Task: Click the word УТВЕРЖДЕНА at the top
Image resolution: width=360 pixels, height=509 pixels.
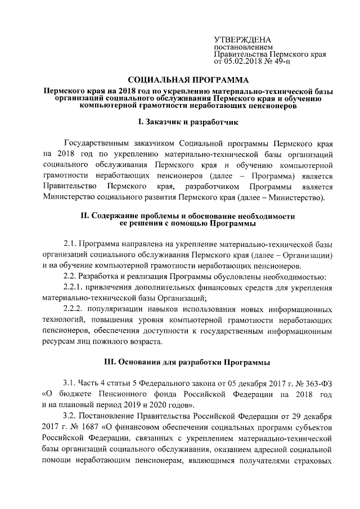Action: [243, 40]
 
